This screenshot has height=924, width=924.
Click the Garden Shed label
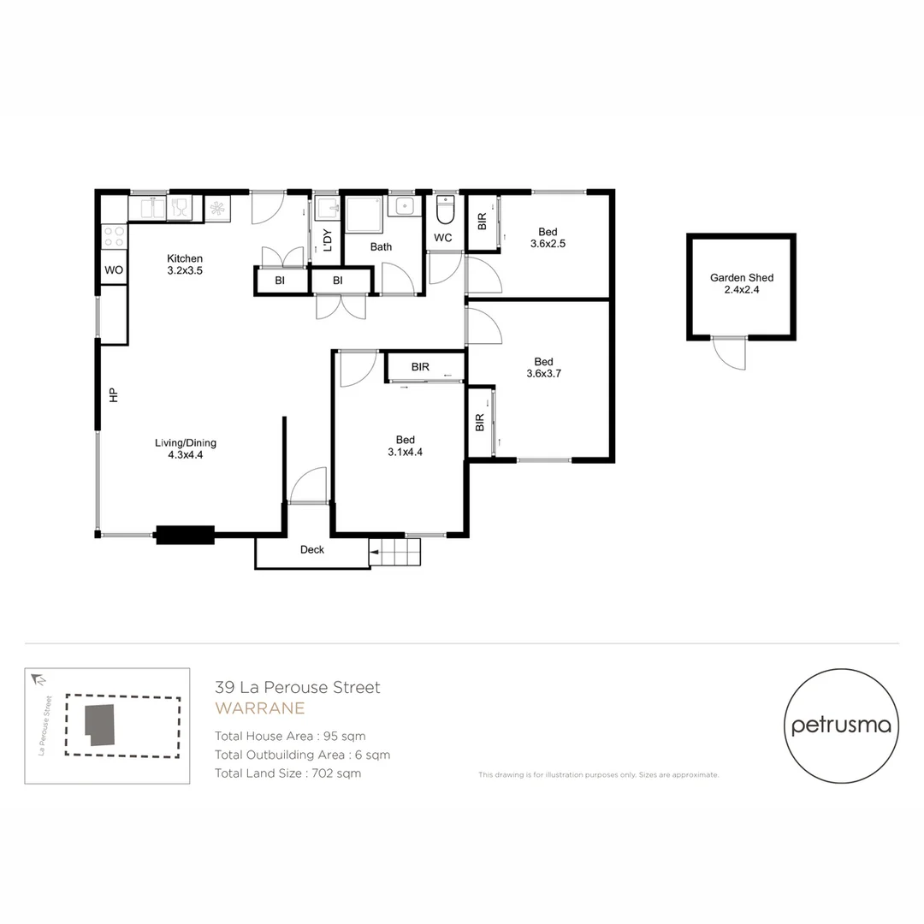741,277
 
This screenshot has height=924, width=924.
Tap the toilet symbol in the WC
445,209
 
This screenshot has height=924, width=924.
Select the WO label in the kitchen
114,270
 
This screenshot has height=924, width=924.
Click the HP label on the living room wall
112,395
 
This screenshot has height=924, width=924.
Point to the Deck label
311,549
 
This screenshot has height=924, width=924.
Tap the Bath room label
381,247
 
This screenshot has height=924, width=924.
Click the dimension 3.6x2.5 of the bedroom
548,244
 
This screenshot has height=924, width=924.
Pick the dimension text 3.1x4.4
405,453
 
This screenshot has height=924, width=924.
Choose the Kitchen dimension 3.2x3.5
184,270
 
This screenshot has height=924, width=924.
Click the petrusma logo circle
841,726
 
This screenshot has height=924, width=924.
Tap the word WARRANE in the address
259,708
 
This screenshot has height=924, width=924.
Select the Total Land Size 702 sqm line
287,773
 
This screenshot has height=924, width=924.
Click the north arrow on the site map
38,680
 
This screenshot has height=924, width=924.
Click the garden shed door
729,352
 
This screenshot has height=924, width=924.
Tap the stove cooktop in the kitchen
114,236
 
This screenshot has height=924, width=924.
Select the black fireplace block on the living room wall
184,535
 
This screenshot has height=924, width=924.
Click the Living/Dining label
185,442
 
